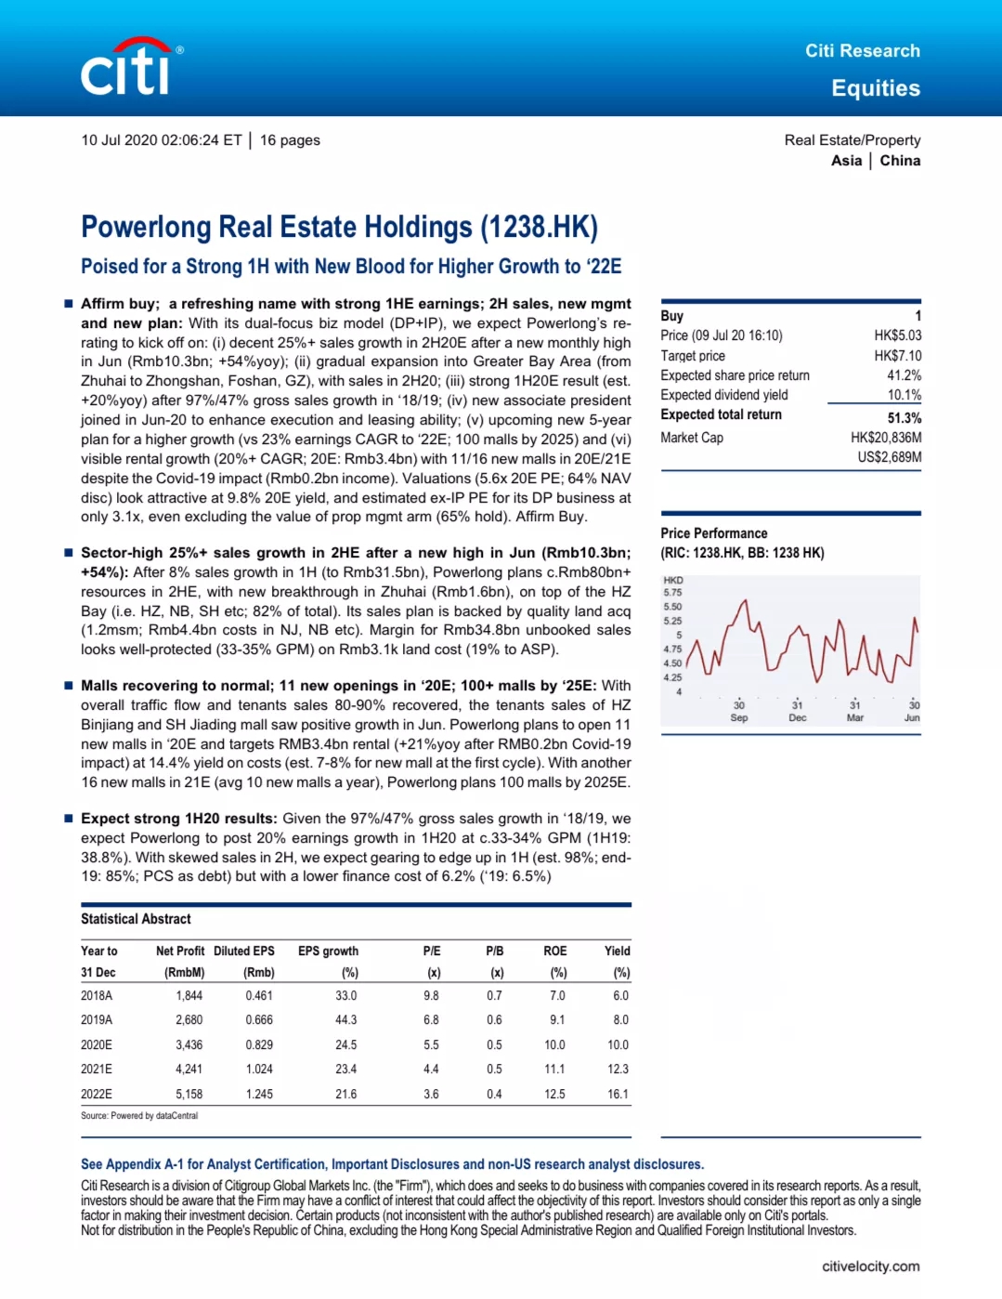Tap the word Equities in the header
pos(875,88)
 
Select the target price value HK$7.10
pos(897,355)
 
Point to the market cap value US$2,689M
pos(889,457)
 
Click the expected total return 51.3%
pos(904,417)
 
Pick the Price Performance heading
pos(713,533)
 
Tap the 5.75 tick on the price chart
pos(672,592)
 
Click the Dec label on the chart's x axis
pos(797,717)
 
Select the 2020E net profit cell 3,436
pos(189,1044)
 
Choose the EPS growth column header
pos(328,951)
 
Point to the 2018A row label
pos(97,995)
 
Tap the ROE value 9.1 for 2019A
pos(556,1019)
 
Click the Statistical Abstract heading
pos(136,919)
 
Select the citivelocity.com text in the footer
pos(870,1266)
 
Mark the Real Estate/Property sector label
pos(852,140)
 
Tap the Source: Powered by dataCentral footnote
pos(139,1115)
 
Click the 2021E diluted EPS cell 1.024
pos(259,1069)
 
